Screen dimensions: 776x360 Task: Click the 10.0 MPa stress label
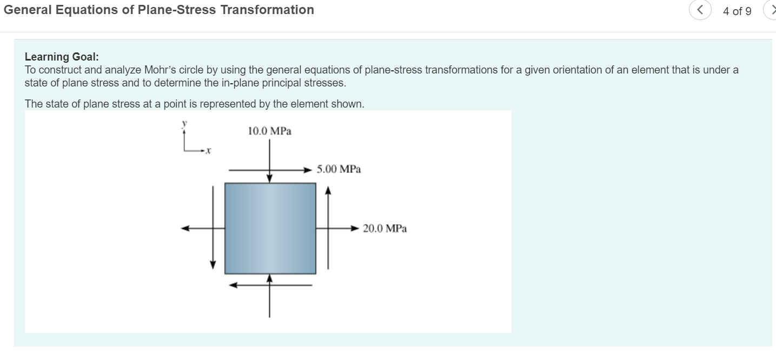click(269, 131)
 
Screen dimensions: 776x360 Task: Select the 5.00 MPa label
click(339, 169)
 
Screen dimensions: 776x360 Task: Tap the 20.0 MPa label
click(384, 229)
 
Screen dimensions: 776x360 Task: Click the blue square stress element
click(270, 228)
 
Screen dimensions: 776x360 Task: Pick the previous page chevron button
click(700, 11)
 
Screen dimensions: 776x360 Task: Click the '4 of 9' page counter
click(737, 11)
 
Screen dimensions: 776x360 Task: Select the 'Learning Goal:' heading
click(62, 57)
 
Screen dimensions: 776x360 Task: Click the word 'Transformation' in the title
click(267, 10)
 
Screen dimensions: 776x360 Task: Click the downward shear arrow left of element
click(213, 227)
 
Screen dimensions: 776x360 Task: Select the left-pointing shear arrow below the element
click(270, 285)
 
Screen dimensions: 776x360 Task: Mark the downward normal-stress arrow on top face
click(270, 162)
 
